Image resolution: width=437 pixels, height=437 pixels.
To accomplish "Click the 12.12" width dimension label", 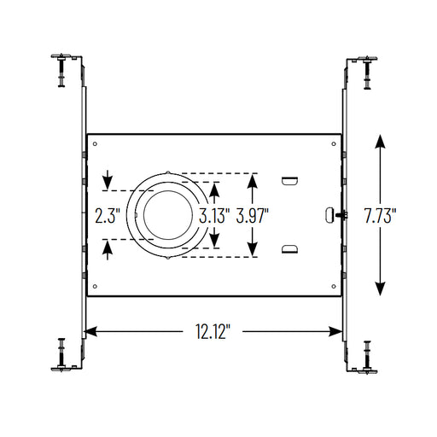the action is [213, 331].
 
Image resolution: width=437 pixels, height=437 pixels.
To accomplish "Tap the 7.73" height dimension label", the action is [380, 216].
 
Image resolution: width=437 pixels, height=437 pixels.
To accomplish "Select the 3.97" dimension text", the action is [253, 216].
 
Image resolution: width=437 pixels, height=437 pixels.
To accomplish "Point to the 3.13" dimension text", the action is [214, 216].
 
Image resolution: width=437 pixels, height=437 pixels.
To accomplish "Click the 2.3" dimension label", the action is [108, 216].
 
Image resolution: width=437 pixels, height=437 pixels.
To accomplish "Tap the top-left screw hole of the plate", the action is [95, 144].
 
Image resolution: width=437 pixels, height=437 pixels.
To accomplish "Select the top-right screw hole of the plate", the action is [334, 144].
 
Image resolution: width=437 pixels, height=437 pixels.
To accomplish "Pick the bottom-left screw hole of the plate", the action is [95, 286].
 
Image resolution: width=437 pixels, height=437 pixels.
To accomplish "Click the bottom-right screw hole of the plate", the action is [334, 286].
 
